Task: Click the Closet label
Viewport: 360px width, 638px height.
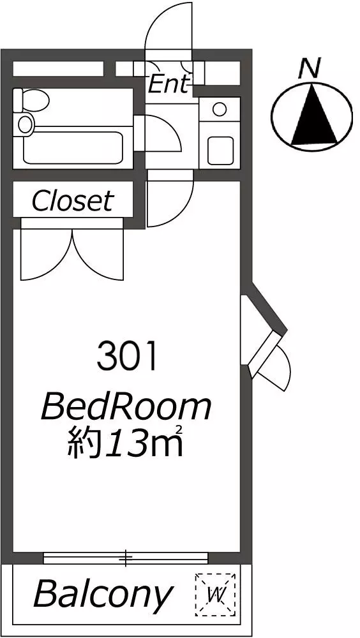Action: coord(72,200)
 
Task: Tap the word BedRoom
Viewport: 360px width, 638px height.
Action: coord(126,408)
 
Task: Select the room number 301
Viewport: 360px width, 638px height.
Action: coord(127,357)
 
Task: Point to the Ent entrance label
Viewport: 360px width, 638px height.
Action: coord(169,84)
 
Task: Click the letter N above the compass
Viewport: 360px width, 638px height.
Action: coord(311,68)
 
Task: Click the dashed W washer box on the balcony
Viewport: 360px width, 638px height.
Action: coord(215,595)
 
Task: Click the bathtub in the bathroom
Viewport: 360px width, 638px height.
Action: coord(73,147)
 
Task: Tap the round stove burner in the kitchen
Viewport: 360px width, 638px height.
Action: coord(220,109)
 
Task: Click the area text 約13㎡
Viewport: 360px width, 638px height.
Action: coord(124,441)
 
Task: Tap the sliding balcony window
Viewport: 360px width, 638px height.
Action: coord(126,557)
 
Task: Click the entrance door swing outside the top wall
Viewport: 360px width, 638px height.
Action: coord(168,26)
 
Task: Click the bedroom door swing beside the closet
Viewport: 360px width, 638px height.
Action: coord(170,198)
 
